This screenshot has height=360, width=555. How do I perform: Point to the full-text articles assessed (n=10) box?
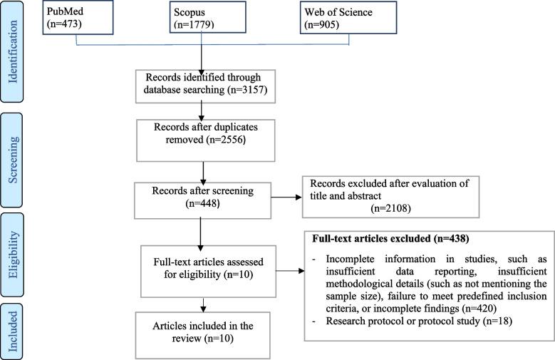206,269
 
